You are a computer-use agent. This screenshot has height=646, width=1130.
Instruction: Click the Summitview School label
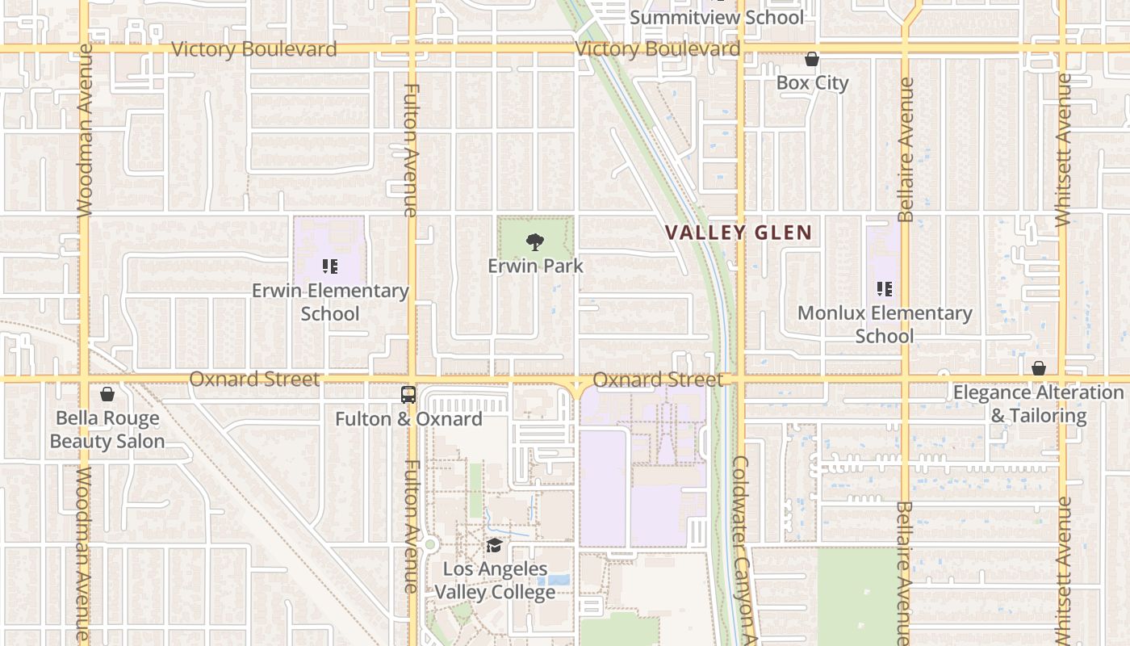tap(716, 18)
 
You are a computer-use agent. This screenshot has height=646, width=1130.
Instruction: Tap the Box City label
tap(812, 82)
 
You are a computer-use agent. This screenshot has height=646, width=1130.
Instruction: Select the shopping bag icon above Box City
tap(812, 59)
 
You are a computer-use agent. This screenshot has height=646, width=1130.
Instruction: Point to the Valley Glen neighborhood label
tap(738, 233)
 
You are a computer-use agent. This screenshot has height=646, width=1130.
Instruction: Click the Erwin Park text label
tap(534, 266)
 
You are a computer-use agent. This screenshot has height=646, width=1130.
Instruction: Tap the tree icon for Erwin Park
tap(534, 241)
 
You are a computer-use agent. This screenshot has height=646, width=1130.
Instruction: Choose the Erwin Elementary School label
tap(330, 301)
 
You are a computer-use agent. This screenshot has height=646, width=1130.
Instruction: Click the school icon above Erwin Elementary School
tap(329, 266)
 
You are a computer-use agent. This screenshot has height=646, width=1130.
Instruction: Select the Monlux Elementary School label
tap(885, 324)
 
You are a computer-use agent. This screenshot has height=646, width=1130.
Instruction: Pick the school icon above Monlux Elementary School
tap(885, 288)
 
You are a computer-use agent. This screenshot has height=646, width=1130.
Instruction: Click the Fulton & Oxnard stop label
tap(408, 419)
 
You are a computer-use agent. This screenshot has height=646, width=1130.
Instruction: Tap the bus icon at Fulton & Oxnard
tap(408, 395)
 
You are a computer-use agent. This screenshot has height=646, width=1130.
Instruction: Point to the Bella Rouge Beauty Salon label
tap(107, 430)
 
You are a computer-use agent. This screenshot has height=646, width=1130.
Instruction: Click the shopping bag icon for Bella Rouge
tap(107, 394)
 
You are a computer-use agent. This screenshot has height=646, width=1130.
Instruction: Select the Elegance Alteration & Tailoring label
tap(1038, 404)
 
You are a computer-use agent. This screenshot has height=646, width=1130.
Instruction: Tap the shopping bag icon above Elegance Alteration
tap(1039, 368)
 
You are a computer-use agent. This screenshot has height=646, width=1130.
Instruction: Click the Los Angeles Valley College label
tap(495, 581)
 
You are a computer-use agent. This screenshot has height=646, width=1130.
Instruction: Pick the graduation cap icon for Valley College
tap(494, 546)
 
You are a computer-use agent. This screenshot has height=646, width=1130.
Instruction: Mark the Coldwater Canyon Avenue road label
tap(743, 549)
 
